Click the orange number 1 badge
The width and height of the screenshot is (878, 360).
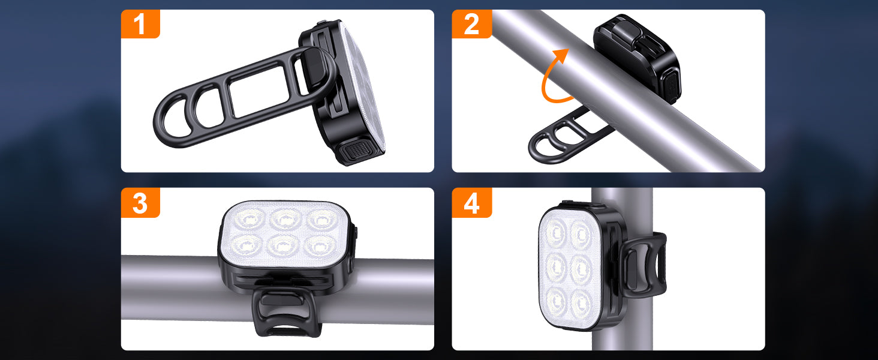click(x=140, y=24)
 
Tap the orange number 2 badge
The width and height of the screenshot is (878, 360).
click(x=471, y=24)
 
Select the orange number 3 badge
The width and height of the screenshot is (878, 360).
click(x=140, y=203)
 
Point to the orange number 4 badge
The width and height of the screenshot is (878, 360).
click(x=471, y=203)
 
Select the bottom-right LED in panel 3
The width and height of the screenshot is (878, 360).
click(x=320, y=246)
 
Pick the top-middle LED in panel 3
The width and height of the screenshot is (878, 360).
click(x=285, y=219)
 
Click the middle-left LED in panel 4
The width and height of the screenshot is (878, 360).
click(x=556, y=268)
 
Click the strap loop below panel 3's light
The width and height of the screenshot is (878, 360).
click(x=287, y=313)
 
